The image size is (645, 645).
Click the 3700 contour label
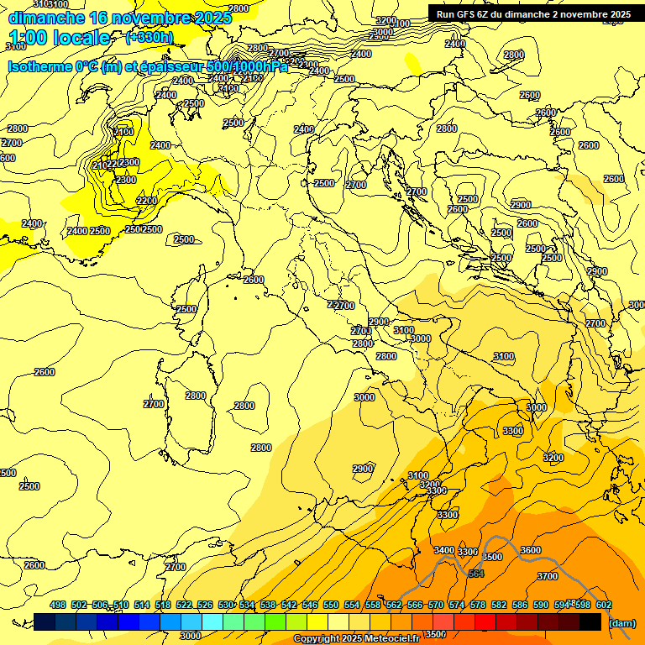click(547, 576)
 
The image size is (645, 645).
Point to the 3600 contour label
click(530, 550)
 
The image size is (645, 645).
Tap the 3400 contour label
click(443, 550)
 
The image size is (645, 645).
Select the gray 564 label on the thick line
click(476, 574)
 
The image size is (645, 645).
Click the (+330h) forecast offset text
click(149, 37)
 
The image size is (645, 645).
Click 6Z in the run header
click(490, 14)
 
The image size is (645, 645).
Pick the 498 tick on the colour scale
click(58, 605)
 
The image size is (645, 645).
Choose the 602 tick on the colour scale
click(603, 605)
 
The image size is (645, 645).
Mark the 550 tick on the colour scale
click(330, 605)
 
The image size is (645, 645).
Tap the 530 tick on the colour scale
click(226, 605)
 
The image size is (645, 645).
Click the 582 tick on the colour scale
click(498, 605)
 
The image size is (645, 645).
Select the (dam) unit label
click(621, 622)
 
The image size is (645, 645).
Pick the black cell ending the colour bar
click(590, 622)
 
